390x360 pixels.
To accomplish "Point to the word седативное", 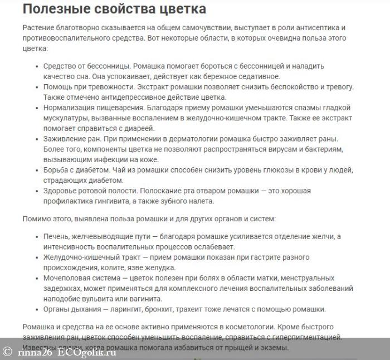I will pos(261,76).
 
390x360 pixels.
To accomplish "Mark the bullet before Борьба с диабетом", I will pos(37,171).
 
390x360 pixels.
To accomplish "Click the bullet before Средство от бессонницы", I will pos(37,66).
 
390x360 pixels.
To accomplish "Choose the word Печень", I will pos(58,236).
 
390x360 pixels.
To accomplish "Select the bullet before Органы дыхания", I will pos(37,310).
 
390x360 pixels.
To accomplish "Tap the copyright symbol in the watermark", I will pos(7,351).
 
